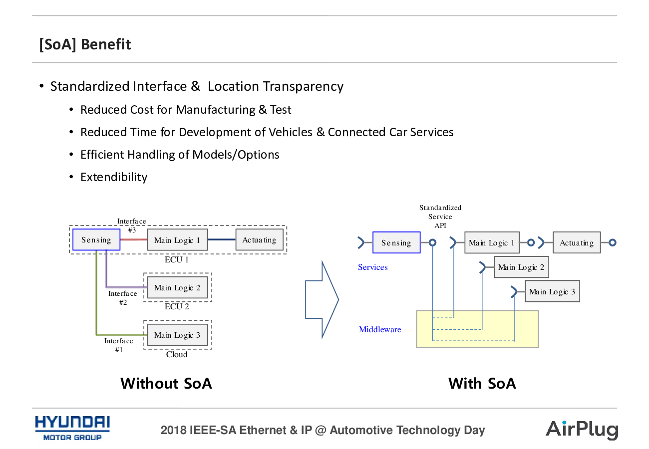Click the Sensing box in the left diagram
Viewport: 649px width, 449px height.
pyautogui.click(x=96, y=240)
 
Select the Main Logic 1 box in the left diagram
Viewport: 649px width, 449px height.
pyautogui.click(x=177, y=240)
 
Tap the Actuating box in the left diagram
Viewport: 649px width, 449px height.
pyautogui.click(x=259, y=240)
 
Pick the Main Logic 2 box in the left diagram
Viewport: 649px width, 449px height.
pyautogui.click(x=177, y=287)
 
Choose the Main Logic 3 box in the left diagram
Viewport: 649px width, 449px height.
pyautogui.click(x=177, y=335)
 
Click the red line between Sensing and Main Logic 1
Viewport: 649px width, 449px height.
pyautogui.click(x=134, y=240)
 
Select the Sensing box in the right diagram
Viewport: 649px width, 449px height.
pyautogui.click(x=396, y=243)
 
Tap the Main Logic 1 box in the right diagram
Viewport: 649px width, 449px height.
pyautogui.click(x=492, y=243)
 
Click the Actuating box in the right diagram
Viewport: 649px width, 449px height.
pyautogui.click(x=577, y=243)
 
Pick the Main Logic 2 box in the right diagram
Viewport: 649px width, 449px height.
pyautogui.click(x=521, y=267)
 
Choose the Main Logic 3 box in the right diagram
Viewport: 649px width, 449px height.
pyautogui.click(x=552, y=291)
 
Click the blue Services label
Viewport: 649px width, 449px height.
pyautogui.click(x=373, y=267)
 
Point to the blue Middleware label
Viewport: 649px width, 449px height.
pyautogui.click(x=380, y=330)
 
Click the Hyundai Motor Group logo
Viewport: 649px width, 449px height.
pyautogui.click(x=72, y=428)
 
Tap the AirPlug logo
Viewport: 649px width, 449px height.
pyautogui.click(x=582, y=430)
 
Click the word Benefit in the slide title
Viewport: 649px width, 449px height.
pyautogui.click(x=106, y=44)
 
